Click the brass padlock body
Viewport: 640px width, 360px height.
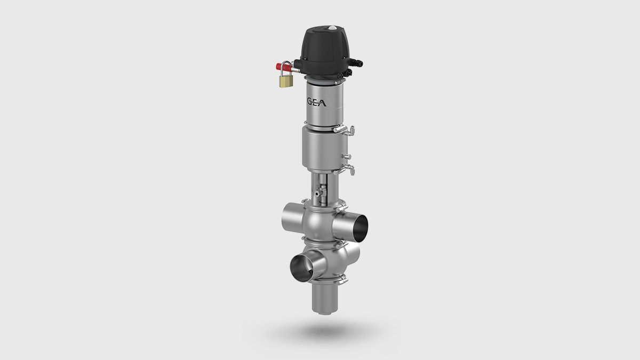click(x=285, y=81)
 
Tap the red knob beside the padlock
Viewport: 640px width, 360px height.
click(x=279, y=68)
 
